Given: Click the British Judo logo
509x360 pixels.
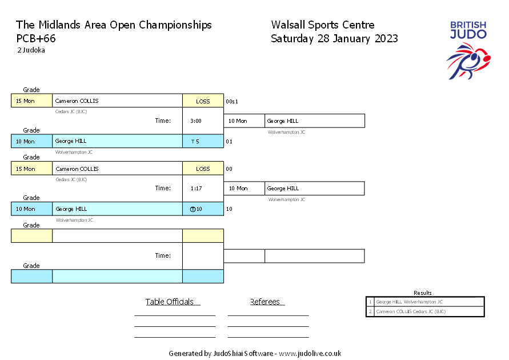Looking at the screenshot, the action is pyautogui.click(x=468, y=50).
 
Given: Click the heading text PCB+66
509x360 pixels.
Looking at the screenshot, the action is pyautogui.click(x=36, y=39).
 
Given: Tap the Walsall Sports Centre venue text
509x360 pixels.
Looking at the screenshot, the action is pyautogui.click(x=323, y=25).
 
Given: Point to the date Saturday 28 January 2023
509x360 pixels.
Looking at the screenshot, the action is pyautogui.click(x=334, y=39).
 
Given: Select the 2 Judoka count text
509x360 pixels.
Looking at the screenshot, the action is pyautogui.click(x=31, y=50).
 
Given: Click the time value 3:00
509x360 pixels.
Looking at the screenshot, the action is pyautogui.click(x=196, y=121).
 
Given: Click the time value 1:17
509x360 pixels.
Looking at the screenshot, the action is pyautogui.click(x=196, y=188).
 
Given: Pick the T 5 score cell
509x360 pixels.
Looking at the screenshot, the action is pyautogui.click(x=203, y=141).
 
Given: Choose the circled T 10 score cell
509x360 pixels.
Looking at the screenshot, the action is pyautogui.click(x=203, y=209).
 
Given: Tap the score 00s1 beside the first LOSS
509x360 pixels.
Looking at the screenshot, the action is pyautogui.click(x=232, y=102).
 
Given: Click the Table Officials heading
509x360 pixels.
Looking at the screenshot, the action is pyautogui.click(x=170, y=302).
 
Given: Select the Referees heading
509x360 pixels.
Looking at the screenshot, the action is pyautogui.click(x=265, y=302).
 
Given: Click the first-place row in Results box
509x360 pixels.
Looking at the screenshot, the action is pyautogui.click(x=425, y=302).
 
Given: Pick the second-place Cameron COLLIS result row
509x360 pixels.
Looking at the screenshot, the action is pyautogui.click(x=425, y=311).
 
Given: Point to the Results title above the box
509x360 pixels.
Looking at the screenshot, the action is pyautogui.click(x=423, y=293).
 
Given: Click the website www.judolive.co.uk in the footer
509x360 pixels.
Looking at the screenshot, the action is pyautogui.click(x=310, y=354).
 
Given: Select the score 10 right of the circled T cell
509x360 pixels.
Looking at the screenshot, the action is pyautogui.click(x=229, y=209).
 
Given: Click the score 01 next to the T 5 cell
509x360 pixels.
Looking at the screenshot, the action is pyautogui.click(x=229, y=142).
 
